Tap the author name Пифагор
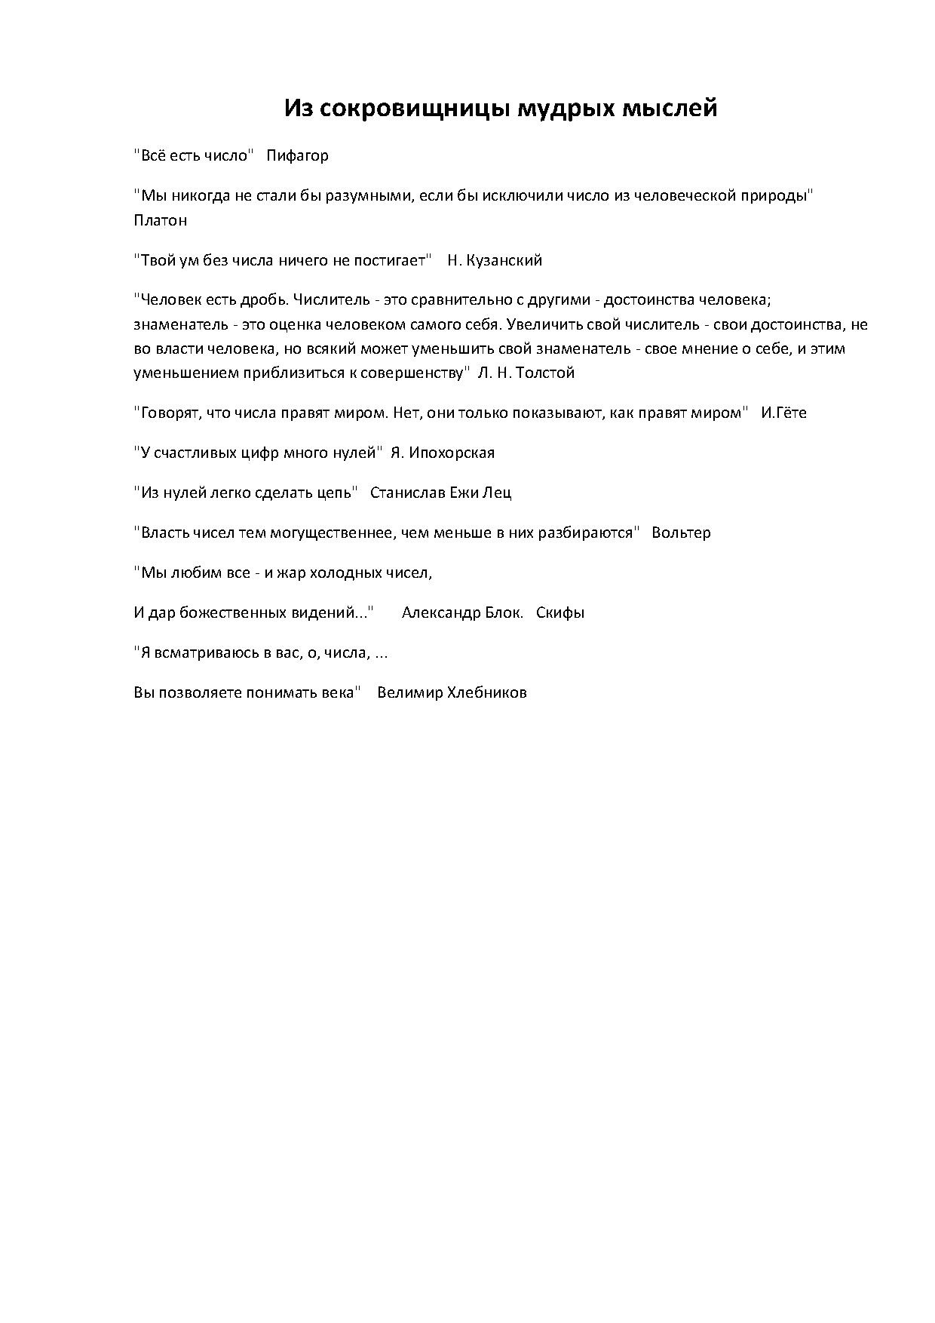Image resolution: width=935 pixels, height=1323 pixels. tap(297, 156)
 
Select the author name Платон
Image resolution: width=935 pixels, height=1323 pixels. tap(160, 220)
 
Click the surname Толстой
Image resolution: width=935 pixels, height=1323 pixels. tap(545, 373)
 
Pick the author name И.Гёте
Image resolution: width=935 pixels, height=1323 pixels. tap(783, 413)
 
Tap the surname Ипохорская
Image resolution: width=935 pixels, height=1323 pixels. tap(451, 453)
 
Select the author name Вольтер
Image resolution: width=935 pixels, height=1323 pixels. tap(681, 533)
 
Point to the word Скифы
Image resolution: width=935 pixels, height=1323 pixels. tap(560, 612)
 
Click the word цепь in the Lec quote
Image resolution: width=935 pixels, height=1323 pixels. tap(333, 493)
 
